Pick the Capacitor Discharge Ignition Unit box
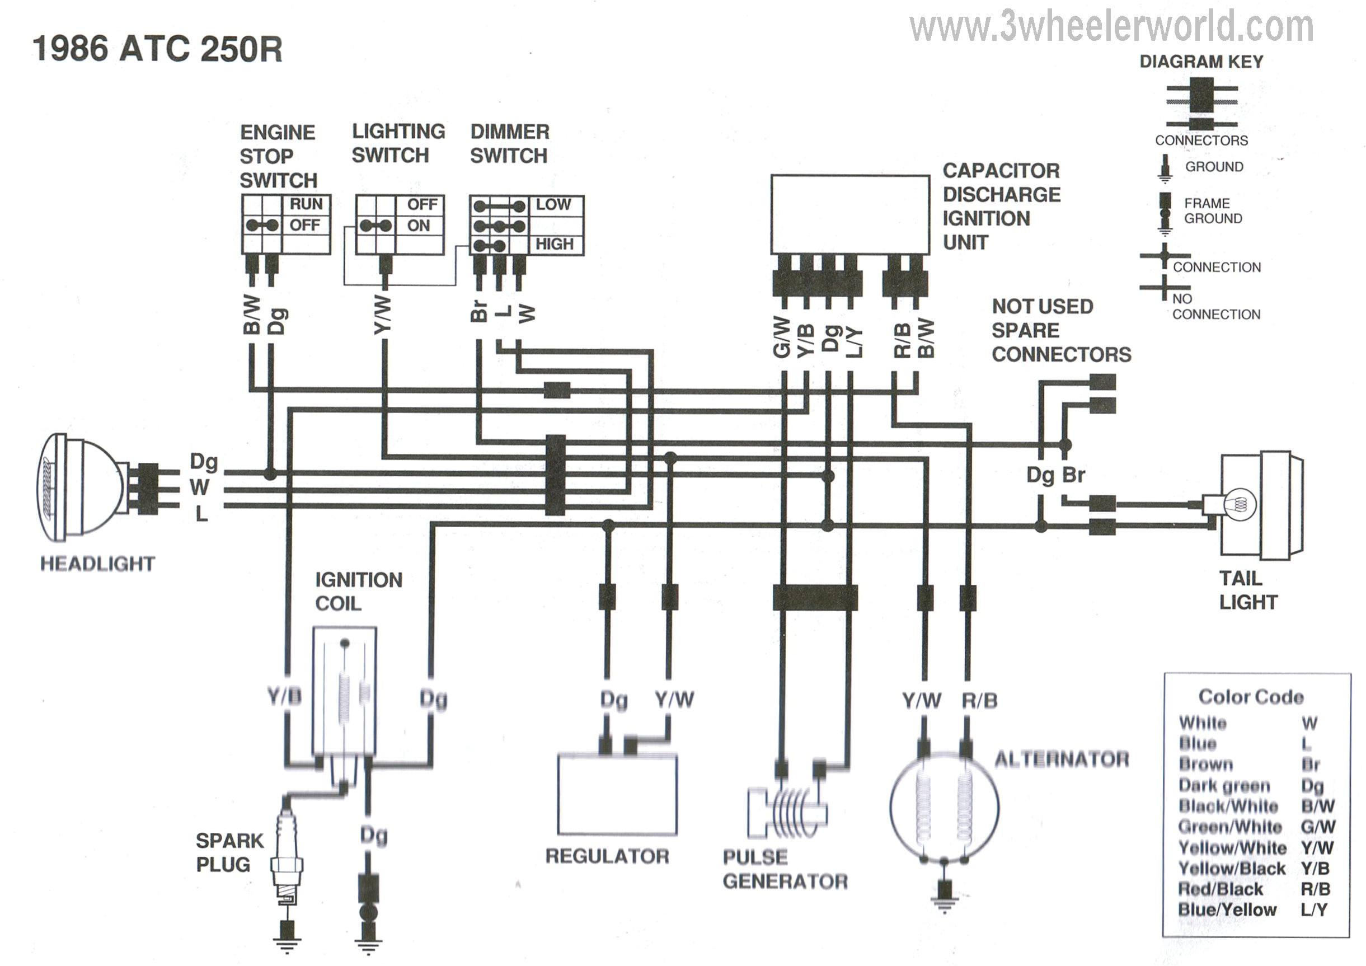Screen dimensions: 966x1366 pyautogui.click(x=849, y=215)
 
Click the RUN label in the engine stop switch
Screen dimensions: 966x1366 pyautogui.click(x=306, y=204)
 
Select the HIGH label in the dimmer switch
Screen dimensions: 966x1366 pyautogui.click(x=555, y=244)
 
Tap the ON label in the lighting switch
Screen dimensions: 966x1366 pyautogui.click(x=418, y=226)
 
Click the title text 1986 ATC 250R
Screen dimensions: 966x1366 pyautogui.click(x=157, y=49)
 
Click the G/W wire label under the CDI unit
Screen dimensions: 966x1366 pyautogui.click(x=781, y=337)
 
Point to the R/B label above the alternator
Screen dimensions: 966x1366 pyautogui.click(x=979, y=701)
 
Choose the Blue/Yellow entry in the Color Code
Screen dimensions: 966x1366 pyautogui.click(x=1227, y=909)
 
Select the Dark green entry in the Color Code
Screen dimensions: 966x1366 pyautogui.click(x=1224, y=786)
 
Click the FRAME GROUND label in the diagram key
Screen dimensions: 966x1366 pyautogui.click(x=1213, y=210)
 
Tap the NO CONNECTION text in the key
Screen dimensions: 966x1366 pyautogui.click(x=1215, y=307)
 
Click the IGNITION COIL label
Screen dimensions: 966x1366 pyautogui.click(x=358, y=591)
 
